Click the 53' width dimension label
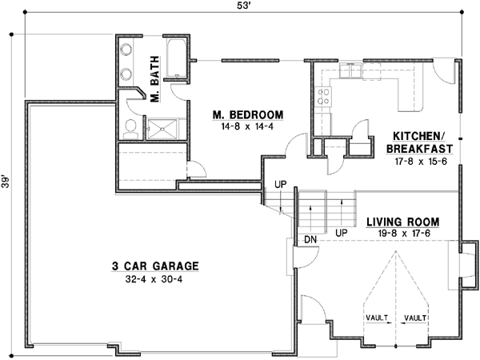[244, 6]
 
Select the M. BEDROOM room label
[248, 114]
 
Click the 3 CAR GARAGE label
[155, 266]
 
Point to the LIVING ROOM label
[403, 222]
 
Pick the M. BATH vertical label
[155, 79]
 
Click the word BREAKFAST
[419, 149]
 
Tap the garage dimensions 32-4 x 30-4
[154, 279]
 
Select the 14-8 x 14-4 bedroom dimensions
[247, 126]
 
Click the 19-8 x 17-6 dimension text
[404, 234]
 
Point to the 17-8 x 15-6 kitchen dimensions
[421, 161]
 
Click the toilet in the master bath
[130, 129]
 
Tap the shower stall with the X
[162, 129]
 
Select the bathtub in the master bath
[176, 58]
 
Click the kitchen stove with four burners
[323, 97]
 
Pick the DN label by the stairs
[310, 239]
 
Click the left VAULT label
[377, 318]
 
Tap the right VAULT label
[415, 318]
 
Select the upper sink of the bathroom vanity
[126, 50]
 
